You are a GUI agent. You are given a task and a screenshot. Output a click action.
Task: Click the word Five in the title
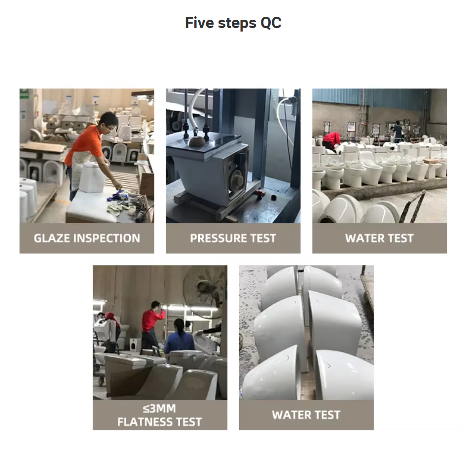click(x=200, y=23)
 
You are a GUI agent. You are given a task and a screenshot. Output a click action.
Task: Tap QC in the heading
click(x=271, y=23)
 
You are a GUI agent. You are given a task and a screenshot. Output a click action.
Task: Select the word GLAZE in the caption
click(x=52, y=238)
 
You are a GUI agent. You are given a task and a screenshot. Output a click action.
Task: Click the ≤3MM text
click(x=160, y=408)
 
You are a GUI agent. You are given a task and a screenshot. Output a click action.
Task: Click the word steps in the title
click(x=237, y=23)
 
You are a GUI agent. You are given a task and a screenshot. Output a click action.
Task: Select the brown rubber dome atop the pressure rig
click(x=197, y=141)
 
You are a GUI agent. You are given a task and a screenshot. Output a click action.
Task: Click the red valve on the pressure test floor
click(x=259, y=194)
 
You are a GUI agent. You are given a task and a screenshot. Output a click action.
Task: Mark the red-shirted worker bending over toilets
click(x=331, y=140)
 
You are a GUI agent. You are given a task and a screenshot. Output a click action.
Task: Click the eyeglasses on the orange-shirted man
click(x=111, y=127)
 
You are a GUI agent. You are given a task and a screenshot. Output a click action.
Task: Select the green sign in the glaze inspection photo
click(x=24, y=94)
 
